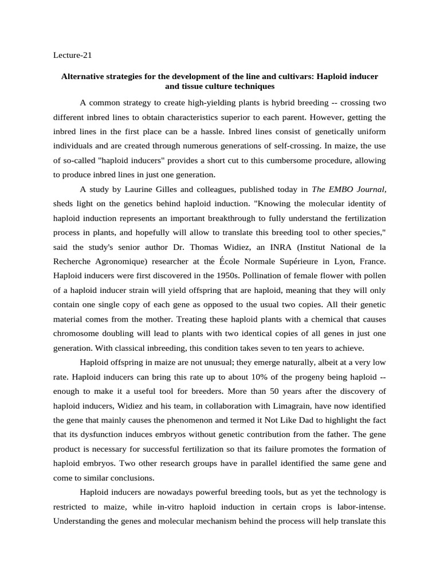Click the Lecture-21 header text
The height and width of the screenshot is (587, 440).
[72, 56]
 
